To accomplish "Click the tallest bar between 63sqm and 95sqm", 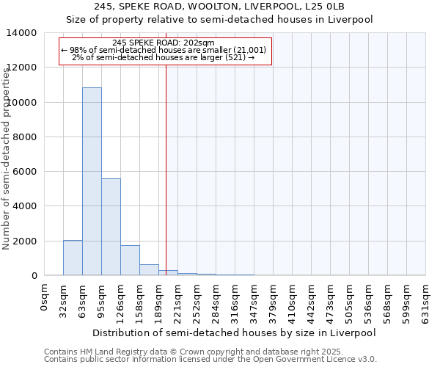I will click(x=92, y=181).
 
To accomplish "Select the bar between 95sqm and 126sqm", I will click(x=111, y=227).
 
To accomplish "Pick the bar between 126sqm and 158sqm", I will click(x=130, y=261).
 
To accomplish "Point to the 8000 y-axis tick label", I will click(x=24, y=137).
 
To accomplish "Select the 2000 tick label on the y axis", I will click(x=24, y=241).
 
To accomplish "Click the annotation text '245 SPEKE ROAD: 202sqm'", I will click(x=165, y=43).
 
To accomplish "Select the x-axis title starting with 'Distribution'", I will click(x=235, y=333).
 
